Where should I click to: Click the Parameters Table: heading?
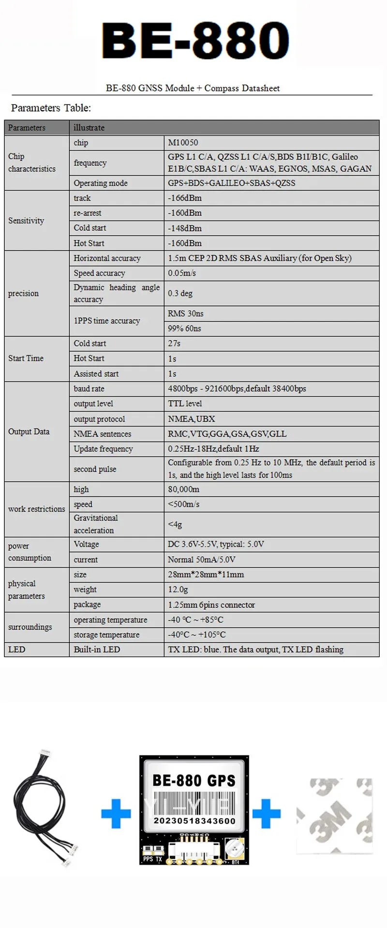point(51,108)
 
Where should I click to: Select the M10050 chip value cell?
point(183,143)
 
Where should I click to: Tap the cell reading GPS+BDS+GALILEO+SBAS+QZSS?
point(231,183)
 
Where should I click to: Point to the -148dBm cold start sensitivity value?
point(185,228)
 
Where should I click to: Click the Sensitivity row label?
point(26,221)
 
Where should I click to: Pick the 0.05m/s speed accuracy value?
point(182,273)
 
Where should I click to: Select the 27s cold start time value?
point(174,343)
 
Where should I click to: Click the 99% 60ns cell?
point(184,328)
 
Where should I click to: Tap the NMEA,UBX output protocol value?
point(192,419)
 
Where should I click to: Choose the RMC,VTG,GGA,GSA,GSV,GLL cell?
point(227,434)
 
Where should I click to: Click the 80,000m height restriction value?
point(183,489)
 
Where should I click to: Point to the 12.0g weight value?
point(178,589)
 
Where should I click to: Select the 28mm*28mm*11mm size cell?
point(206,574)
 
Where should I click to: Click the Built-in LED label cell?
point(97,649)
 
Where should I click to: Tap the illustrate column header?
point(89,128)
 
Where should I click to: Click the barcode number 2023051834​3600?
point(194,821)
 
